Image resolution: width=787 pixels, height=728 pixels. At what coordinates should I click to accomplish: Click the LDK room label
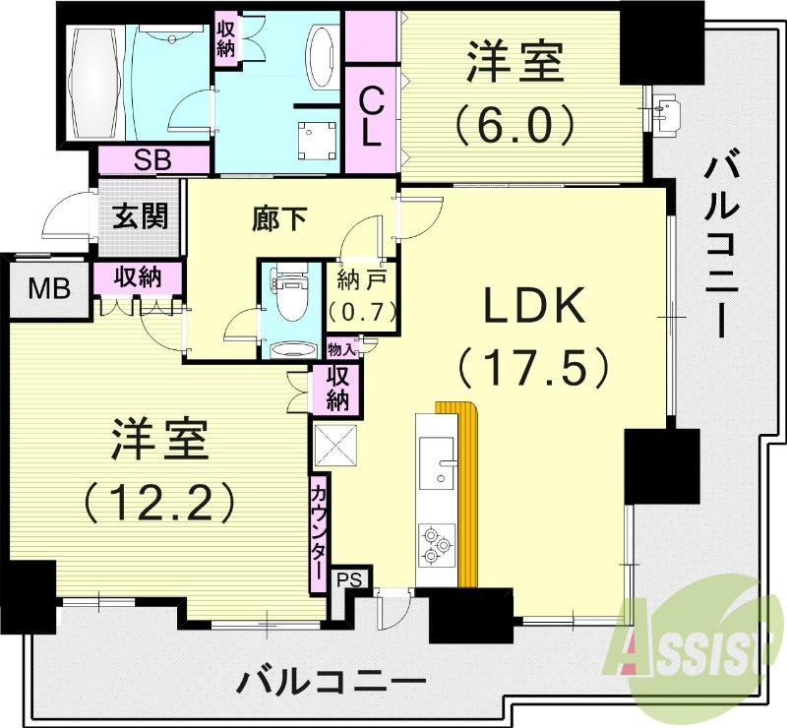(535, 307)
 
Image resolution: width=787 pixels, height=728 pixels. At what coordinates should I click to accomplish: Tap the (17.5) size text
(534, 368)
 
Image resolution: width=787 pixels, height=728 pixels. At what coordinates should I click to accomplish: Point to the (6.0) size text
(515, 123)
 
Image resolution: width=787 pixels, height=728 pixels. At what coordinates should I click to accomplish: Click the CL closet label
(370, 117)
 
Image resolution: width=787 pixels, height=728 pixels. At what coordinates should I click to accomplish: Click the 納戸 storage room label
(361, 278)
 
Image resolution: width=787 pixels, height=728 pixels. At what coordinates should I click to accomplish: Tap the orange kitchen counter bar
(467, 492)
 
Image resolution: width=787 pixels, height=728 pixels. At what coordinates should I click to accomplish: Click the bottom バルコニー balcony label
(333, 679)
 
